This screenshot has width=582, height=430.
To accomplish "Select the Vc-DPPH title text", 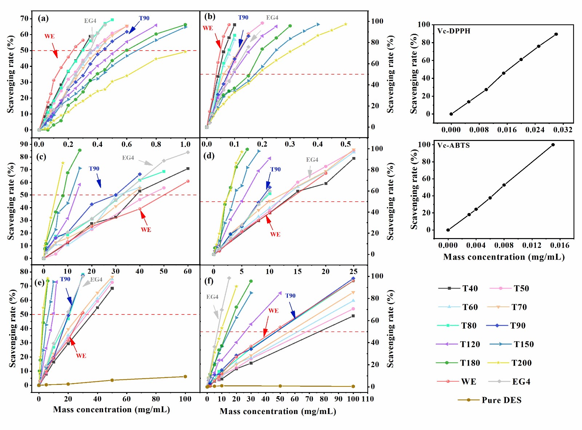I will (x=454, y=31).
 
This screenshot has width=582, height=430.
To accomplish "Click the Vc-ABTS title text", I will (x=453, y=145).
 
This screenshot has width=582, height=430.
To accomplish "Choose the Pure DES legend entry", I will (x=501, y=400).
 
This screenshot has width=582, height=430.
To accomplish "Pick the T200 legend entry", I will (x=521, y=363).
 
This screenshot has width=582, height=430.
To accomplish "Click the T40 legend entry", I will (x=470, y=289).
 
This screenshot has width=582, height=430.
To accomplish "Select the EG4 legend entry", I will (x=521, y=382).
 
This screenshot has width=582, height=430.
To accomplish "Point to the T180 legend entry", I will (x=470, y=363).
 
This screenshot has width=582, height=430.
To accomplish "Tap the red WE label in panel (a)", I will (x=49, y=36).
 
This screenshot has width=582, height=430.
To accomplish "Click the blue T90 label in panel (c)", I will (x=94, y=169).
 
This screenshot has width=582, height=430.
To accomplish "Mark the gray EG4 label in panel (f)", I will (x=212, y=297).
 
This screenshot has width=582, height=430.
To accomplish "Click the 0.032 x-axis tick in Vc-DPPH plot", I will (x=563, y=130).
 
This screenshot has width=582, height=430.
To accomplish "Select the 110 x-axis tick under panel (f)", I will (x=368, y=399).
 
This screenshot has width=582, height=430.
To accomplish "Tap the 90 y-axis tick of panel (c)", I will (x=24, y=144).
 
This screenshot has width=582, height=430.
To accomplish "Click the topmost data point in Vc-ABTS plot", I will (x=553, y=145).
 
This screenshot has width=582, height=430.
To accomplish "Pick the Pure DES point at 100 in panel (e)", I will (x=185, y=377).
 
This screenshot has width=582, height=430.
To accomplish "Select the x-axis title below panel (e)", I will (x=111, y=410).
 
